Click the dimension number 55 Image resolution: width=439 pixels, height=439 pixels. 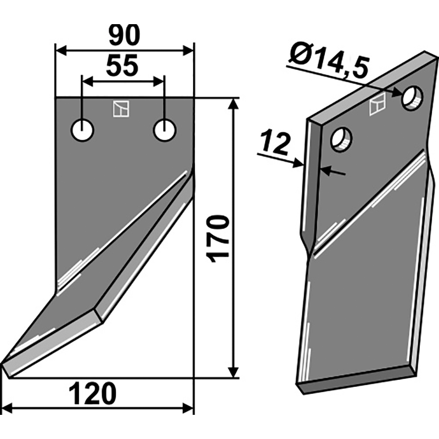pyautogui.click(x=122, y=67)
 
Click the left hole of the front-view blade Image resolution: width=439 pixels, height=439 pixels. pyautogui.click(x=82, y=131)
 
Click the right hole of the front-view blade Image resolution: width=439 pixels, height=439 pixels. pyautogui.click(x=164, y=131)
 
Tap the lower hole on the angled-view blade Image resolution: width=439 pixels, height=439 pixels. pyautogui.click(x=341, y=139)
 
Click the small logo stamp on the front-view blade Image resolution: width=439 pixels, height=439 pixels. pyautogui.click(x=121, y=109)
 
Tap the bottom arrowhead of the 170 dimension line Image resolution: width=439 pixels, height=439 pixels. pyautogui.click(x=234, y=373)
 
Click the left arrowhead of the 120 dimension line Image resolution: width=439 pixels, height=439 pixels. pyautogui.click(x=9, y=408)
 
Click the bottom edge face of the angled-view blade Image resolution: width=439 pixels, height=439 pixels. pyautogui.click(x=357, y=380)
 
